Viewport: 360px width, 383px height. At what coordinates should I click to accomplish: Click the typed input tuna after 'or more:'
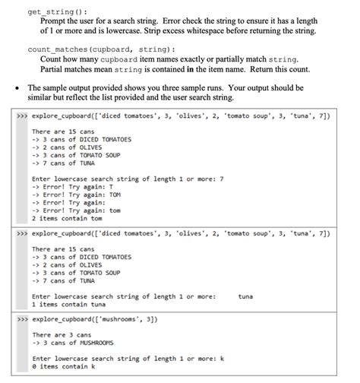pyautogui.click(x=246, y=296)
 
